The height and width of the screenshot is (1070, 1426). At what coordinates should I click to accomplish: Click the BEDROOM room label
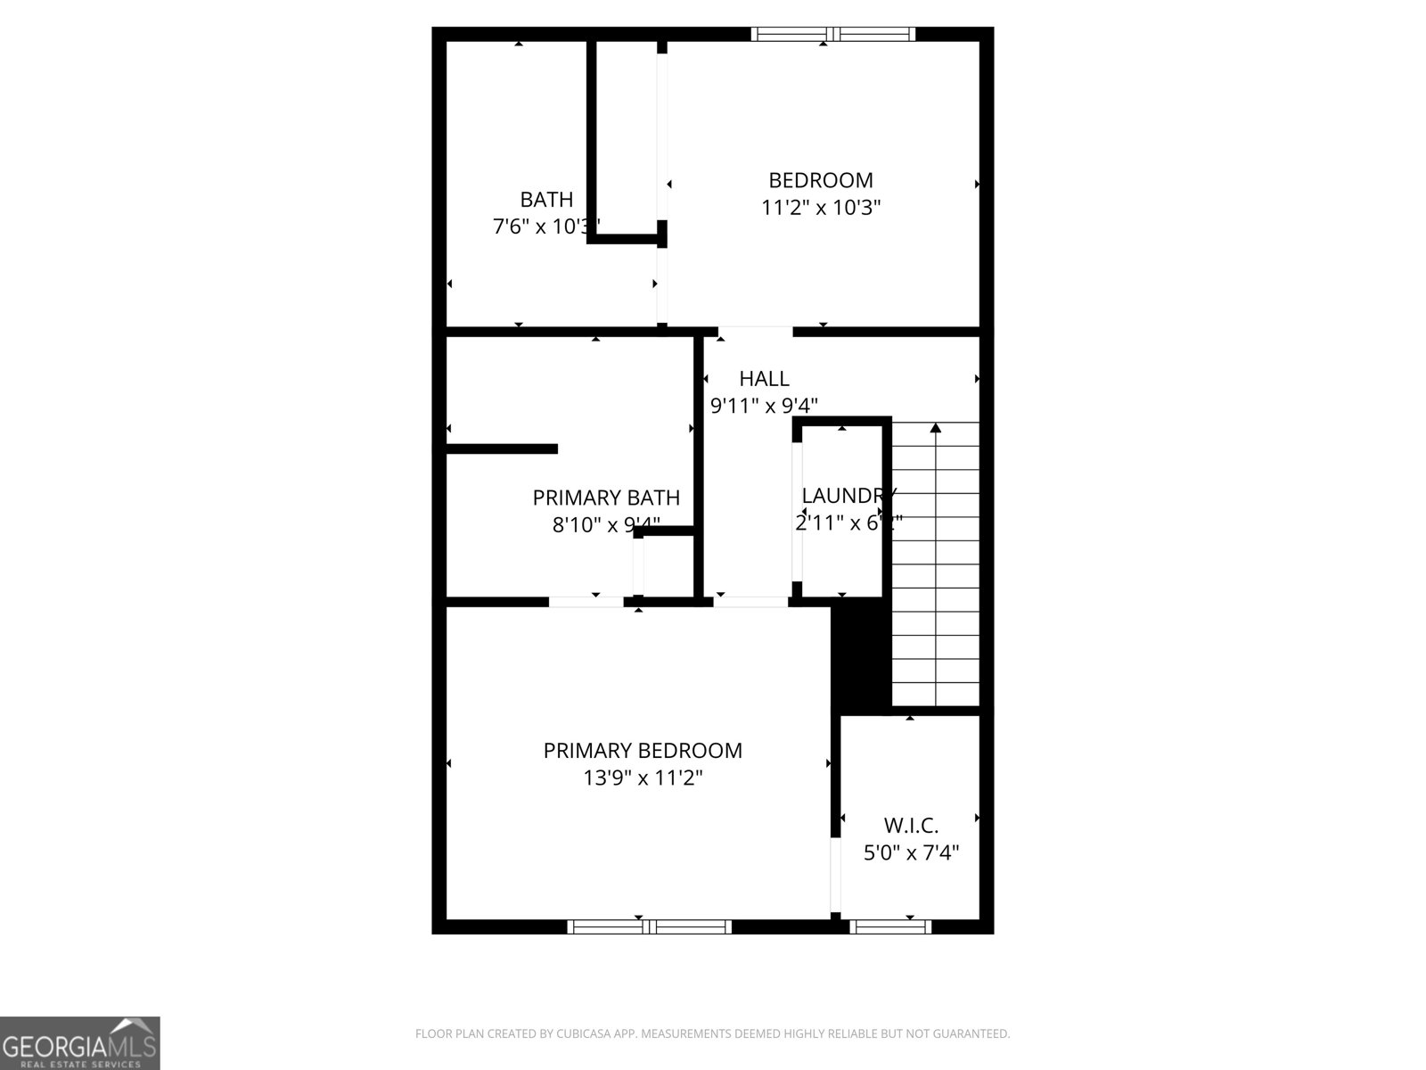(x=820, y=180)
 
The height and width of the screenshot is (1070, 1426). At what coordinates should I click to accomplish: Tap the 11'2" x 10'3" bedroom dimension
(x=821, y=208)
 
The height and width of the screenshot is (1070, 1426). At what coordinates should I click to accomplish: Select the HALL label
(x=764, y=379)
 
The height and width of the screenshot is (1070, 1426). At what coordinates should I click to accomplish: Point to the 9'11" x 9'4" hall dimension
(x=764, y=406)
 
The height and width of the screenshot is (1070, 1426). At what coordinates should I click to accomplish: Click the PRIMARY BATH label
(x=606, y=498)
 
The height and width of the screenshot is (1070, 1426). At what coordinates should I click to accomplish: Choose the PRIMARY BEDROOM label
(x=643, y=751)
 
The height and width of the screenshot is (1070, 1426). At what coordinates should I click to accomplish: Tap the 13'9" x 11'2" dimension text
(x=643, y=778)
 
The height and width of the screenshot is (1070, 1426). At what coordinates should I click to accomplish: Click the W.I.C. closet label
(x=911, y=826)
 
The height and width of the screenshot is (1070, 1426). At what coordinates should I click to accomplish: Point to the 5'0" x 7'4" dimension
(x=911, y=853)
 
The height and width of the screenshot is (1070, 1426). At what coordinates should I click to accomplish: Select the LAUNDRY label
(x=847, y=496)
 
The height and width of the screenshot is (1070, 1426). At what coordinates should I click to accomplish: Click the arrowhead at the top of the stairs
(x=935, y=428)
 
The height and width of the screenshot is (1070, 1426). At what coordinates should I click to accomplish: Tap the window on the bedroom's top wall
(x=832, y=34)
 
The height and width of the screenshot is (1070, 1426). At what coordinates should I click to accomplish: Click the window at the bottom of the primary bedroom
(x=649, y=926)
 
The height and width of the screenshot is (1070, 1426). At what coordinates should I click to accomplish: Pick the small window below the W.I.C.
(x=889, y=926)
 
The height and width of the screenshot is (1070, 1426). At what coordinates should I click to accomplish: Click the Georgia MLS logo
(x=80, y=1042)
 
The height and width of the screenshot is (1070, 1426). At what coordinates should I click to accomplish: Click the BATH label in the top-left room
(x=546, y=200)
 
